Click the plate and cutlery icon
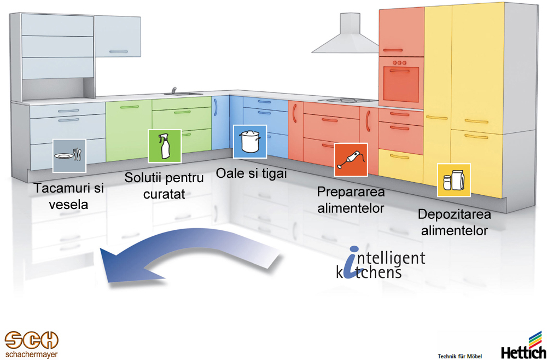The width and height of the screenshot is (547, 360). point(69,155)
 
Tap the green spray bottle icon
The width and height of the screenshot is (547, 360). point(164,146)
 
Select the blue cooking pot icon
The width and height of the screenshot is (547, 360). point(250,142)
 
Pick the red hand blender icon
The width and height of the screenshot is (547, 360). point(351,159)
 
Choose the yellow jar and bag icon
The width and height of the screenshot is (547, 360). point(454,180)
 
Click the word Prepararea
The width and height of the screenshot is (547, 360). point(351,191)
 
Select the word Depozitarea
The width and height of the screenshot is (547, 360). point(454,214)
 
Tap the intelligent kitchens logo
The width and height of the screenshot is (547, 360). point(380,262)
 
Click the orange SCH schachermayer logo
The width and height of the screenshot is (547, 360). point(31,344)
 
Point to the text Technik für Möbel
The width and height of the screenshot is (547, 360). point(460,356)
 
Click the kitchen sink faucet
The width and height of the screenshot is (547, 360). point(174,90)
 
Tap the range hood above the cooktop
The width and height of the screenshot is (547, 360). point(345,33)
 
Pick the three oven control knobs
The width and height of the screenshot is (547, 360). point(399,62)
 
